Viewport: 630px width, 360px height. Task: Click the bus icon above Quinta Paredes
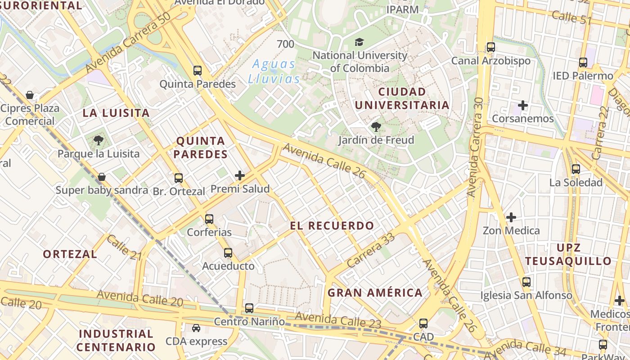198,71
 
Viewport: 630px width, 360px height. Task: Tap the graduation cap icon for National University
359,42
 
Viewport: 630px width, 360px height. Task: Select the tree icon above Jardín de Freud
376,127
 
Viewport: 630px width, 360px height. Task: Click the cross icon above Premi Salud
240,175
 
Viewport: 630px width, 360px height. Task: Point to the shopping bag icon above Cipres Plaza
30,95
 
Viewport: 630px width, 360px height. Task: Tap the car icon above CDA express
196,328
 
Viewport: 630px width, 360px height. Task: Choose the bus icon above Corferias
209,219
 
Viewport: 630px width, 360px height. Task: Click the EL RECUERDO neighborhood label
332,226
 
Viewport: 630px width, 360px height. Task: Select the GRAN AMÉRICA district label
375,293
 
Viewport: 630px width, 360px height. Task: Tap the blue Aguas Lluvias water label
274,72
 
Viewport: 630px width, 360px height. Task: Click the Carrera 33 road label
371,250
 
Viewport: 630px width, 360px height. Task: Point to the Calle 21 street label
125,247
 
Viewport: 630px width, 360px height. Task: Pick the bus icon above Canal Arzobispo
491,47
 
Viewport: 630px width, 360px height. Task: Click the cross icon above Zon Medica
511,217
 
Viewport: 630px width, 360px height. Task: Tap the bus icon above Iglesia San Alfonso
526,282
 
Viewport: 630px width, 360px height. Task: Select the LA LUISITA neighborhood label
116,113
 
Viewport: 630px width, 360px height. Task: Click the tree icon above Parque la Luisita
99,140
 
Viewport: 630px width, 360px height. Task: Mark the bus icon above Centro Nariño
249,308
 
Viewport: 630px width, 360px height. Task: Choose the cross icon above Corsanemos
522,106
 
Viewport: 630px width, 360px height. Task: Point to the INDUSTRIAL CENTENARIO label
116,341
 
